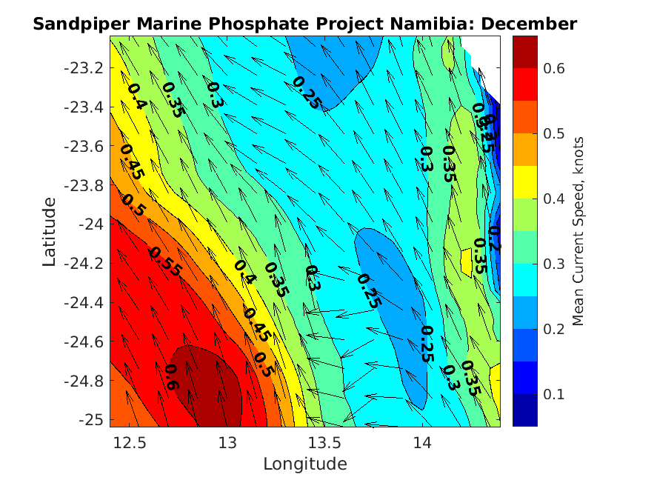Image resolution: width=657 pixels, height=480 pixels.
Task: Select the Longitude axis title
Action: click(304, 464)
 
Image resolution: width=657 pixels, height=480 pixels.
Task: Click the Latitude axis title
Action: click(49, 231)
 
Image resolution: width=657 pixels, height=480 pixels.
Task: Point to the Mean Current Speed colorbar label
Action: click(579, 231)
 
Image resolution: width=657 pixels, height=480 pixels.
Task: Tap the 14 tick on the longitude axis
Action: click(422, 443)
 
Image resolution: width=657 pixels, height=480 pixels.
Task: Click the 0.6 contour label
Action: click(171, 378)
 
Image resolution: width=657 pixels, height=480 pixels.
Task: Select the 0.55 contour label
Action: click(164, 261)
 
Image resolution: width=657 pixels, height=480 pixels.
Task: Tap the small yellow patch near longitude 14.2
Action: click(466, 260)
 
